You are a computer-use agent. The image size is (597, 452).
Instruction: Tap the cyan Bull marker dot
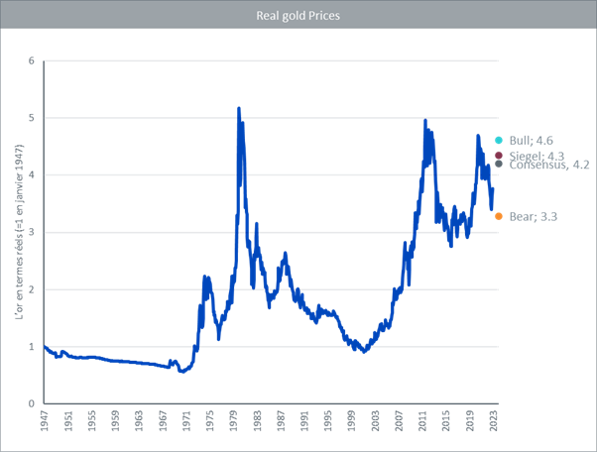coord(498,140)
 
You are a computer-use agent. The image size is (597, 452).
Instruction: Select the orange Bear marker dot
coord(498,216)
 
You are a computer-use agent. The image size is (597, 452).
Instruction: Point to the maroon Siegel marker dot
coord(498,156)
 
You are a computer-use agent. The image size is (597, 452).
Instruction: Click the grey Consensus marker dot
coord(498,165)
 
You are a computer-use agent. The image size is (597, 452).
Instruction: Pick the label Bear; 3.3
coord(529,216)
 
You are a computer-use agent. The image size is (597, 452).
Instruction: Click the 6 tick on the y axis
coord(32,60)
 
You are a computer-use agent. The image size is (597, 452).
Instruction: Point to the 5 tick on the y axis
coord(32,118)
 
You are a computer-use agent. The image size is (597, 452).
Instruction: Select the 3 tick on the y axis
coord(32,233)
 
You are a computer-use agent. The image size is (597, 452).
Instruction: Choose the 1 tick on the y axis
coord(32,347)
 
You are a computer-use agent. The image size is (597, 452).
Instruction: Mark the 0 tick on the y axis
coord(32,404)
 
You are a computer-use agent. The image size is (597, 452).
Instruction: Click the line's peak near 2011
coord(425,121)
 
